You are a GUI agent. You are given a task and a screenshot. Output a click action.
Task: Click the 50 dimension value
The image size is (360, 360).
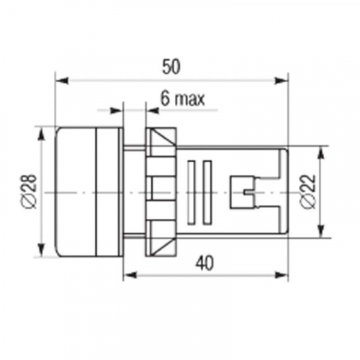pyautogui.click(x=171, y=67)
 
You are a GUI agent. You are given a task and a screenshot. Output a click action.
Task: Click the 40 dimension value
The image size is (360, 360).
pyautogui.click(x=204, y=263)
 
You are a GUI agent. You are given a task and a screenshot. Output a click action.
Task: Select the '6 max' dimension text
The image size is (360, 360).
pyautogui.click(x=183, y=99)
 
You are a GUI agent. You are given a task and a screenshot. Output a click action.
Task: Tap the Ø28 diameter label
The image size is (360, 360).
pyautogui.click(x=31, y=192)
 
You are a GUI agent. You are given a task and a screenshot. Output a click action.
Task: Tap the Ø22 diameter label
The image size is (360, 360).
pyautogui.click(x=308, y=192)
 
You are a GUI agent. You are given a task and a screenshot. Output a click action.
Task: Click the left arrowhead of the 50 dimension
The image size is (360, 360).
pyautogui.click(x=62, y=81)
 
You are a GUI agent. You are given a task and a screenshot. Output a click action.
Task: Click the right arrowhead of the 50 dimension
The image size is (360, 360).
pyautogui.click(x=282, y=81)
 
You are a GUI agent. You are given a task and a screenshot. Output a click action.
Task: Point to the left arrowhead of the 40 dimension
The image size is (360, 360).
pyautogui.click(x=130, y=275)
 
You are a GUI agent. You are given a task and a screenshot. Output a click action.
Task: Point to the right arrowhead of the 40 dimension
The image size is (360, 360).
pyautogui.click(x=282, y=275)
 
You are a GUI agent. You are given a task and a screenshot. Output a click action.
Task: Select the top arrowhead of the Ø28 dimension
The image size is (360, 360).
pyautogui.click(x=42, y=134)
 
